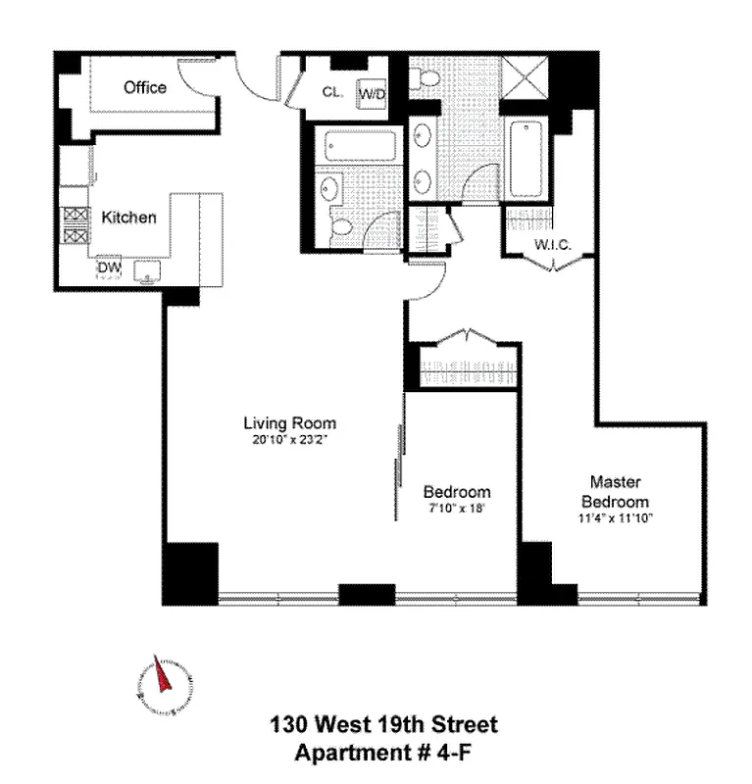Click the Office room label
click(x=144, y=88)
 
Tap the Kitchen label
click(x=128, y=218)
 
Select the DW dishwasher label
click(x=108, y=265)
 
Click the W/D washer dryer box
click(x=372, y=94)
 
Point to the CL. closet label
click(x=330, y=94)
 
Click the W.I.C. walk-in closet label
click(x=552, y=244)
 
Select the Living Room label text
click(x=289, y=423)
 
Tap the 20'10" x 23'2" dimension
click(x=289, y=439)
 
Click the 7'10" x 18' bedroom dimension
click(x=456, y=508)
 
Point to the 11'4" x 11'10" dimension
click(x=615, y=516)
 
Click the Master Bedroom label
click(x=615, y=490)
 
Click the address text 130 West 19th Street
click(x=383, y=725)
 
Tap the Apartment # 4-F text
click(x=383, y=753)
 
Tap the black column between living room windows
click(x=367, y=594)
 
